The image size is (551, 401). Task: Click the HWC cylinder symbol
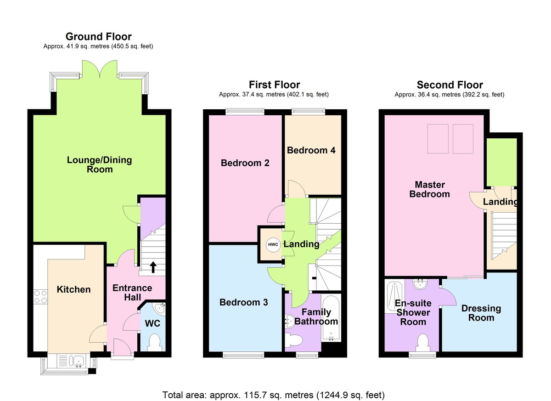[x=271, y=244]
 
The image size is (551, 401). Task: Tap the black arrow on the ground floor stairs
[x=152, y=266]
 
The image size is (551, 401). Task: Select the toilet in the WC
[x=155, y=341]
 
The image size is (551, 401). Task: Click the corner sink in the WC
[x=159, y=308]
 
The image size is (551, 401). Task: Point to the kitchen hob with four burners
[x=40, y=296]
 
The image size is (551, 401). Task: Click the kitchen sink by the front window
[x=72, y=362]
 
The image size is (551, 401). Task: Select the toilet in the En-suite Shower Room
[x=422, y=342]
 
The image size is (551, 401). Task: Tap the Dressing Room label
[x=481, y=313]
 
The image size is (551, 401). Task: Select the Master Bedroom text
[x=429, y=189]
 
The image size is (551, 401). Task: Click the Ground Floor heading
[x=98, y=37]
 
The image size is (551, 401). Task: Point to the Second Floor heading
[x=450, y=85]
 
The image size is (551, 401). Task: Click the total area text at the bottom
[x=273, y=395]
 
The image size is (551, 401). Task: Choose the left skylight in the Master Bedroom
[x=437, y=139]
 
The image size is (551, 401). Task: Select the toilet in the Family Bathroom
[x=294, y=340]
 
